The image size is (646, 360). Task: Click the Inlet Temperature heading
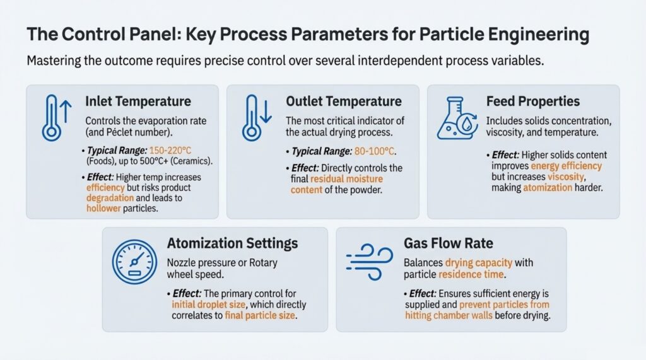pyautogui.click(x=138, y=102)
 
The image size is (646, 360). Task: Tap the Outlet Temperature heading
pyautogui.click(x=344, y=102)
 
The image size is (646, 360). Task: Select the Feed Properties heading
pyautogui.click(x=532, y=102)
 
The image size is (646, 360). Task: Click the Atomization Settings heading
pyautogui.click(x=232, y=243)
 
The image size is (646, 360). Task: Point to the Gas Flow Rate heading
pyautogui.click(x=449, y=243)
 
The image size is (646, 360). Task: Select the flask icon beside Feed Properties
pyautogui.click(x=457, y=119)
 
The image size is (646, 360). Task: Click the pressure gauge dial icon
pyautogui.click(x=134, y=262)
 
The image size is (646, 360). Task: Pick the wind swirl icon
pyautogui.click(x=370, y=262)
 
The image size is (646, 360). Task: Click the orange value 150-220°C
pyautogui.click(x=170, y=151)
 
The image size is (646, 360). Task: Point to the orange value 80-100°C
pyautogui.click(x=374, y=151)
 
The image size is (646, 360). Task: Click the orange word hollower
pyautogui.click(x=103, y=209)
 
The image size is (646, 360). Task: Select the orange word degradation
pyautogui.click(x=110, y=198)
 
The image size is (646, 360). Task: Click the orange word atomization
pyautogui.click(x=548, y=188)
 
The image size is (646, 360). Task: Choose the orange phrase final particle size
pyautogui.click(x=260, y=315)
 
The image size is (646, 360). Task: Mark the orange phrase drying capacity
pyautogui.click(x=479, y=263)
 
